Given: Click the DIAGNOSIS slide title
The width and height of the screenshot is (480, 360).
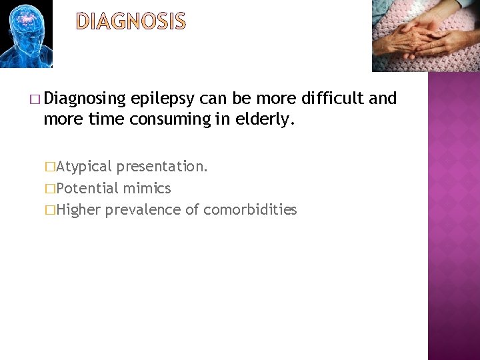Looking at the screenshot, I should point(131,22).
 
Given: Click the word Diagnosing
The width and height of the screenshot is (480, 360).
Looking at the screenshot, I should point(85,99).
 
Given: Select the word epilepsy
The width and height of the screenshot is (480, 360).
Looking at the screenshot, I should point(162,99).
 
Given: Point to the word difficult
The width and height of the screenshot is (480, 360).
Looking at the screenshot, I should point(332,99).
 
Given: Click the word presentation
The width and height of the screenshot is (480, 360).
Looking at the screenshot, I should point(162,166).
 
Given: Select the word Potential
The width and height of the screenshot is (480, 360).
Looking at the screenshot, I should point(87,188).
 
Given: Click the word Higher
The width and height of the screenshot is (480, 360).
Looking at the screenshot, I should point(79,210).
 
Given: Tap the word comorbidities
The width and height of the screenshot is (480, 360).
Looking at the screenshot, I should point(250,210).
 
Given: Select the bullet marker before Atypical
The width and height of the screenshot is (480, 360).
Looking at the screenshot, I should point(49,167).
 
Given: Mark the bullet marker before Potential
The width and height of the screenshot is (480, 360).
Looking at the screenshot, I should point(49,189).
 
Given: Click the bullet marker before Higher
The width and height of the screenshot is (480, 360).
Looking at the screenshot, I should point(49,211).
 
